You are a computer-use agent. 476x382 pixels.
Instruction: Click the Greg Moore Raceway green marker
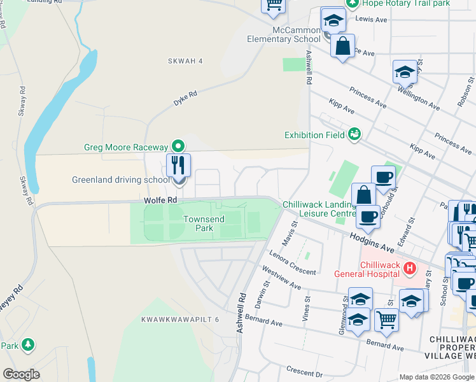tap(179, 146)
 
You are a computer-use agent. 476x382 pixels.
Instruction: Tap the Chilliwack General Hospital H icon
tap(410, 269)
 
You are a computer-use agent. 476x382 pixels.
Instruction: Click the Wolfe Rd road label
tap(160, 201)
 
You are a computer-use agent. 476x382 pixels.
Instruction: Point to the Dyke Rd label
tap(185, 98)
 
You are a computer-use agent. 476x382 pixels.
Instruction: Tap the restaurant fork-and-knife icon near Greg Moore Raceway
tap(179, 166)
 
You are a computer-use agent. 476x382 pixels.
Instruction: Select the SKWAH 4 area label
tap(185, 61)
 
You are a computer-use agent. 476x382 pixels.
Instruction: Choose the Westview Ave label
tap(281, 278)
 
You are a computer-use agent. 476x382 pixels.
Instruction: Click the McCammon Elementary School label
tap(284, 34)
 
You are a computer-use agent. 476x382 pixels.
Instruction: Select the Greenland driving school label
tap(121, 180)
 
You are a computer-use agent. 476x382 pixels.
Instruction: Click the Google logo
tap(22, 374)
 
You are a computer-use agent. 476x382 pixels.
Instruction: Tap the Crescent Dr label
tap(305, 371)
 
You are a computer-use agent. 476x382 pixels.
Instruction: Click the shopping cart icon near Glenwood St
tap(386, 320)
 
